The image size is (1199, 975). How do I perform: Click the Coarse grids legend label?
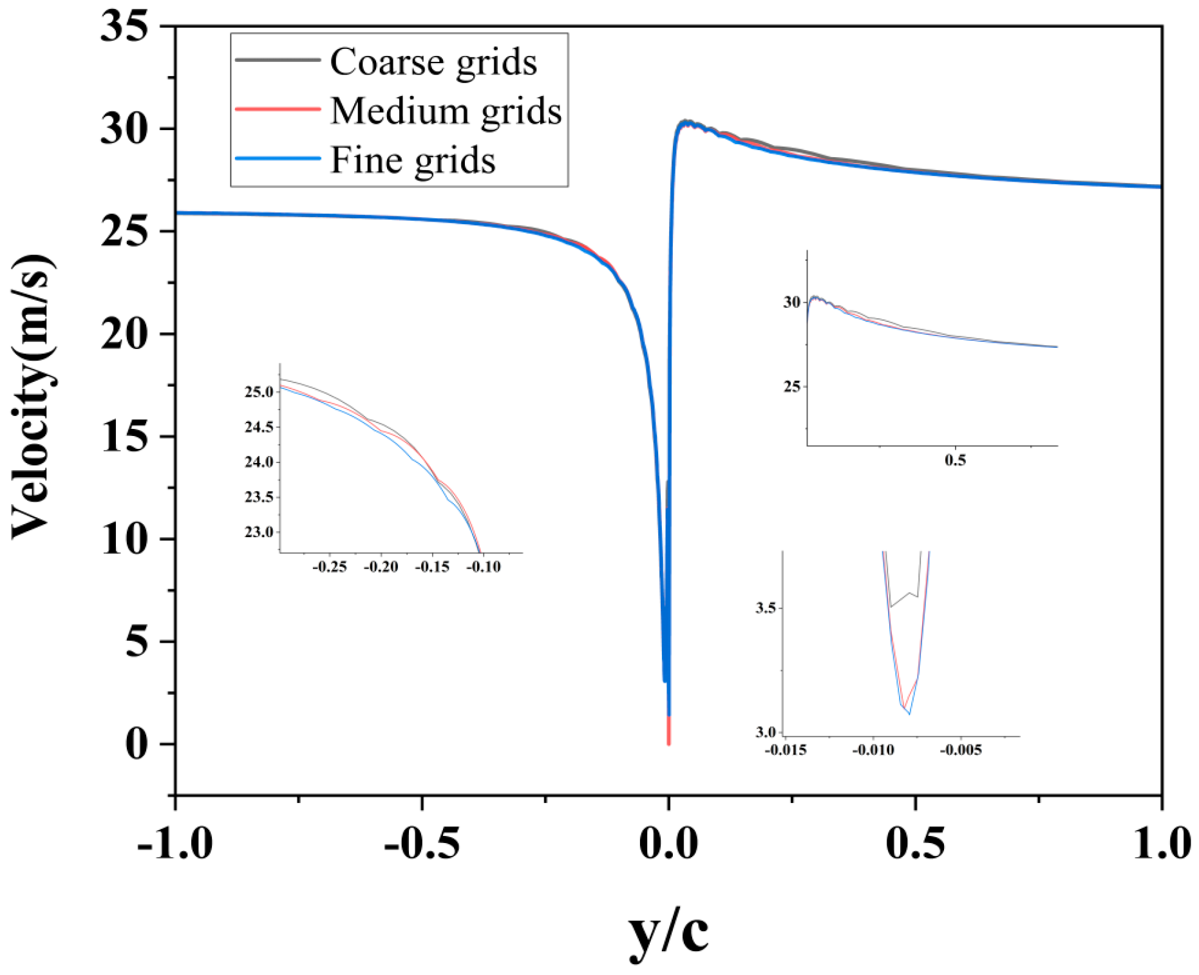pos(433,62)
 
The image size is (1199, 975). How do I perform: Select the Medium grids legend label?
pos(446,111)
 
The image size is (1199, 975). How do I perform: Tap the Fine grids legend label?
pos(413,160)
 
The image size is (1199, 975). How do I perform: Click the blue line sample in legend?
pos(278,158)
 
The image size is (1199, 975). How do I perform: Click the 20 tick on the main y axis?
pos(124,334)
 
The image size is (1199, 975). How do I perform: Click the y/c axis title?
pos(668,931)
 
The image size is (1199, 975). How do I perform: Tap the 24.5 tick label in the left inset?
pos(259,427)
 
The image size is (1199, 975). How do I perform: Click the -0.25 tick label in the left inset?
pos(329,567)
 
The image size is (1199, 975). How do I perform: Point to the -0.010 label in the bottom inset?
pos(873,750)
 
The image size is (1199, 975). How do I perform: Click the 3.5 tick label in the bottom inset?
pos(765,608)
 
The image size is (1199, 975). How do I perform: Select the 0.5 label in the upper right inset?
pos(955,460)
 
